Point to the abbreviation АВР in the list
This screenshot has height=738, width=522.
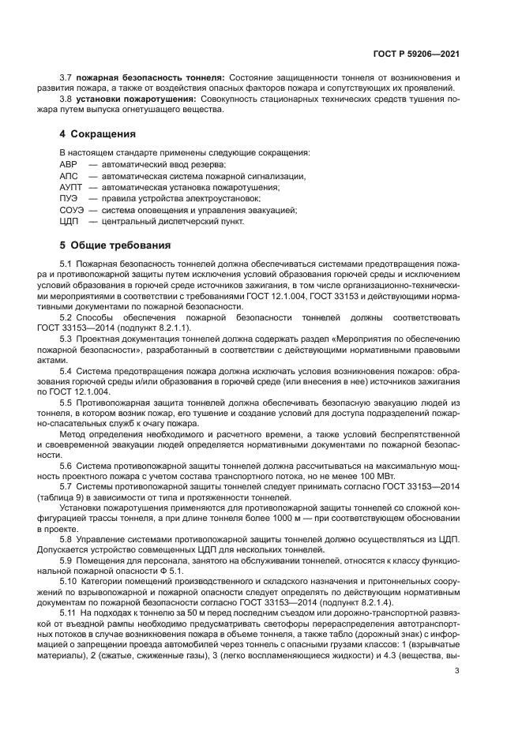69,164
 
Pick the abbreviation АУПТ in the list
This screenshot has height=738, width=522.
71,187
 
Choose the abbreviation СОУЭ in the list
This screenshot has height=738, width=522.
72,210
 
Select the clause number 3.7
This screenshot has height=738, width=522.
66,77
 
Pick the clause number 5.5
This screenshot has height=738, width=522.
66,403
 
